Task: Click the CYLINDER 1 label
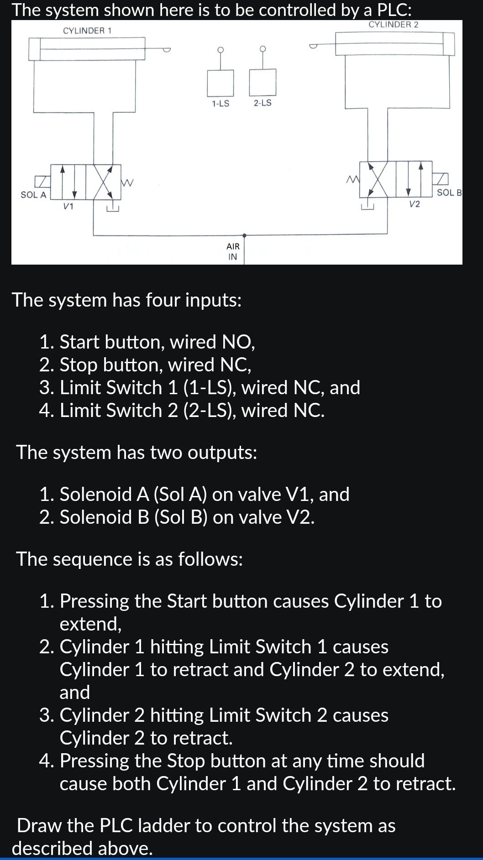(87, 31)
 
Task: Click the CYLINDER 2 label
(393, 25)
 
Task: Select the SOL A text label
(33, 195)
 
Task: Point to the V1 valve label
(68, 206)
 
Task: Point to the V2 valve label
(414, 204)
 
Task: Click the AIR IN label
(233, 251)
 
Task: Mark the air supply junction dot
(244, 235)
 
